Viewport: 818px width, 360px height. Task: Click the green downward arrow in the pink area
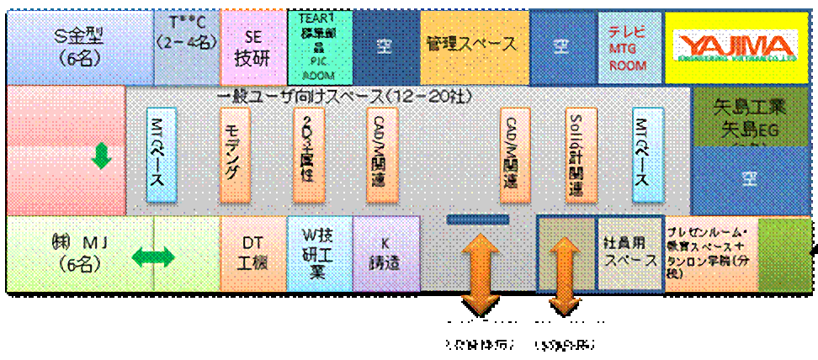coord(101,156)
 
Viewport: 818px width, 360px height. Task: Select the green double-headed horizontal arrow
coord(152,256)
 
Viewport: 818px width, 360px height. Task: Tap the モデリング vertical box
coord(232,154)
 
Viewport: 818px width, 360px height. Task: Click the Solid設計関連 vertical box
coord(576,154)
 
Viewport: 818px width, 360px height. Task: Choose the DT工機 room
coord(253,253)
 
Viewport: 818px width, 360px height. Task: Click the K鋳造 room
coord(385,253)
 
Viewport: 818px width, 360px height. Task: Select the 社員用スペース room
coord(629,252)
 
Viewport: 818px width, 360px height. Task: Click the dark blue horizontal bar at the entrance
coord(478,220)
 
